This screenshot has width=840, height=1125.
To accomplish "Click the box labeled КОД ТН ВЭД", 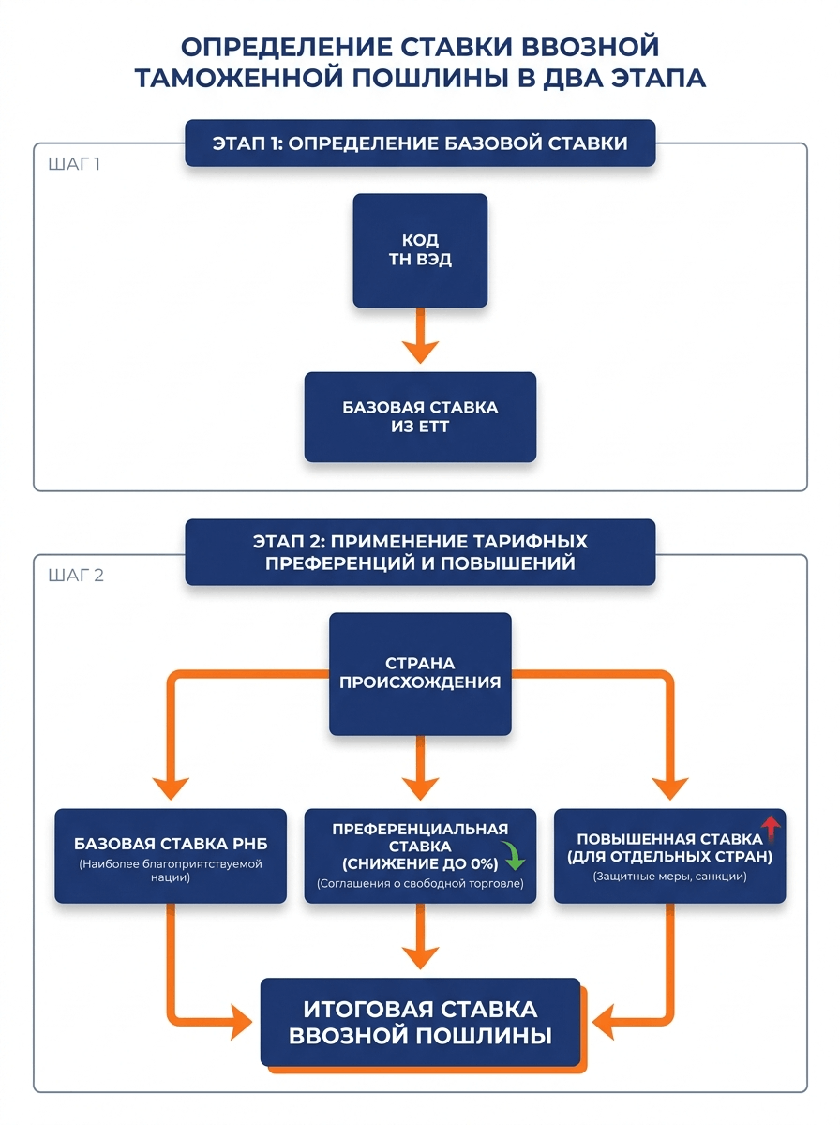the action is [420, 250].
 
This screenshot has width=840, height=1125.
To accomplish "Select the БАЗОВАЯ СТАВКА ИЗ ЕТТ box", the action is [420, 416].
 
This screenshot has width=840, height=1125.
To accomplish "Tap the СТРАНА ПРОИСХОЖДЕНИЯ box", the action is [420, 673].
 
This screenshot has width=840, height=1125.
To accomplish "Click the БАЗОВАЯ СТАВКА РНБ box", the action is [171, 856].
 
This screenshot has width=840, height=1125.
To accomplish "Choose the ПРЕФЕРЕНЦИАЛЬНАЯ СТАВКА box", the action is [420, 856].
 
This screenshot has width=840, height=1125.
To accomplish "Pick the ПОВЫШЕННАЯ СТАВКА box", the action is [670, 856].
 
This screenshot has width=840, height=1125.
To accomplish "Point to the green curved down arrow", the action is [513, 855].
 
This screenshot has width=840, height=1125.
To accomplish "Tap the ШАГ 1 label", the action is [74, 164].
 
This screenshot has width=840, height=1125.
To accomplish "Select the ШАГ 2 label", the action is [76, 575].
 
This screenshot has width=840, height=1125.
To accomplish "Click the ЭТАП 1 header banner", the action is [420, 143].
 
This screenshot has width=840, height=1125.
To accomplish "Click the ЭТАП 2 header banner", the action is [420, 552].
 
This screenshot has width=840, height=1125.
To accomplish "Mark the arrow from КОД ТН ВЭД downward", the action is [420, 336].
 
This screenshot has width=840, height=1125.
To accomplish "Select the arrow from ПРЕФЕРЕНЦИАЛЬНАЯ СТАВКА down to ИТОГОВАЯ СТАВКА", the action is [420, 936].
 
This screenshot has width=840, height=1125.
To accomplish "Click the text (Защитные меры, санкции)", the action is [670, 877].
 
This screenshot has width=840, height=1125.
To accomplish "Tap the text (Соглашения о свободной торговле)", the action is [420, 884].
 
